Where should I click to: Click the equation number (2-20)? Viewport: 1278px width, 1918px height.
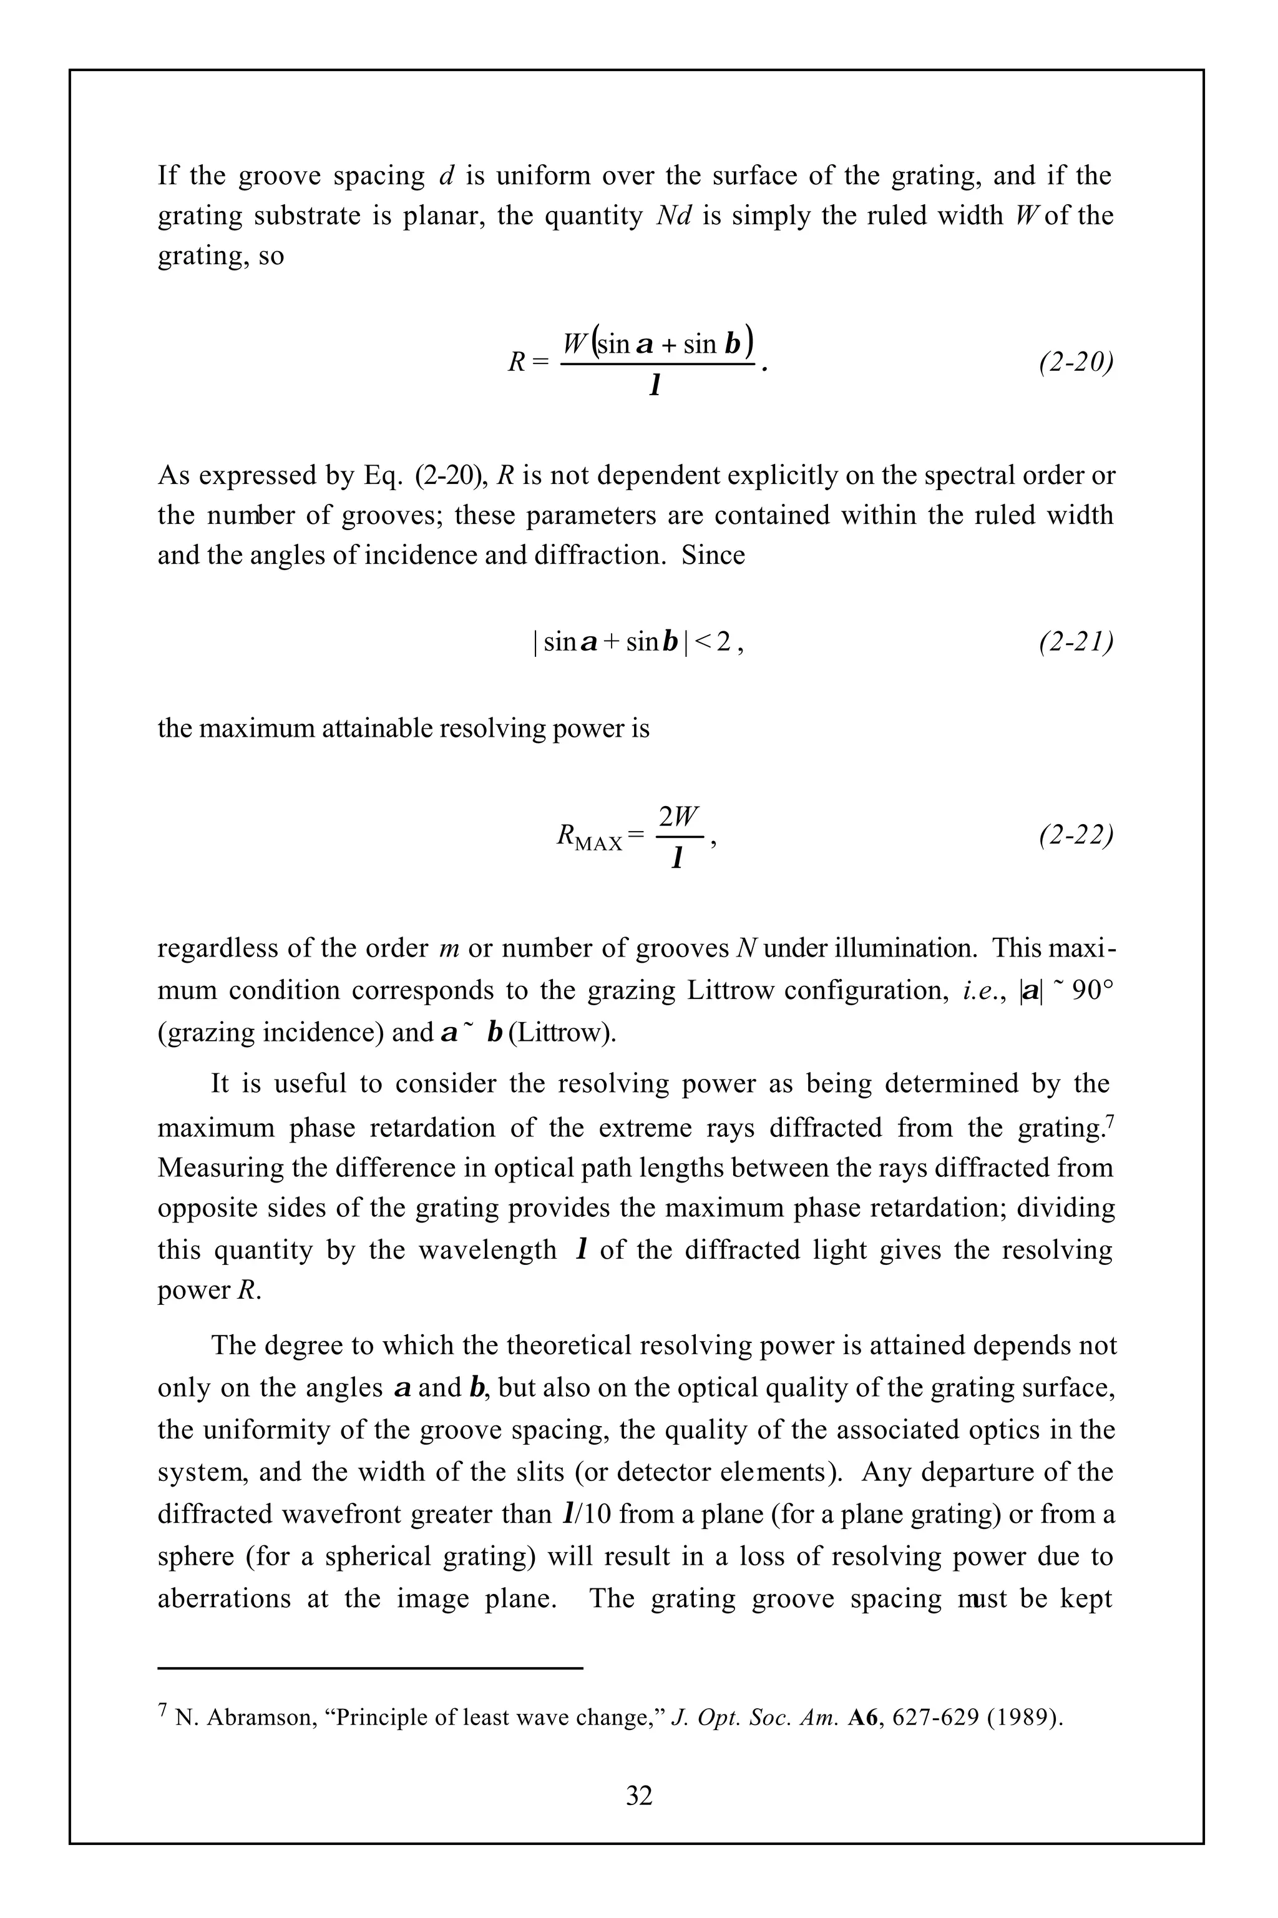coord(1076,362)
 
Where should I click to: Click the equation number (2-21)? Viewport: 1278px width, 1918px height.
coord(1076,642)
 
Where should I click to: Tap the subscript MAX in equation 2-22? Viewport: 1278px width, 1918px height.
coord(599,843)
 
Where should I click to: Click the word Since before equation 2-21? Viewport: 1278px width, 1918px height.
coord(713,555)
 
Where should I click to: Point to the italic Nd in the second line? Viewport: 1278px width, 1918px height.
coord(673,216)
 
